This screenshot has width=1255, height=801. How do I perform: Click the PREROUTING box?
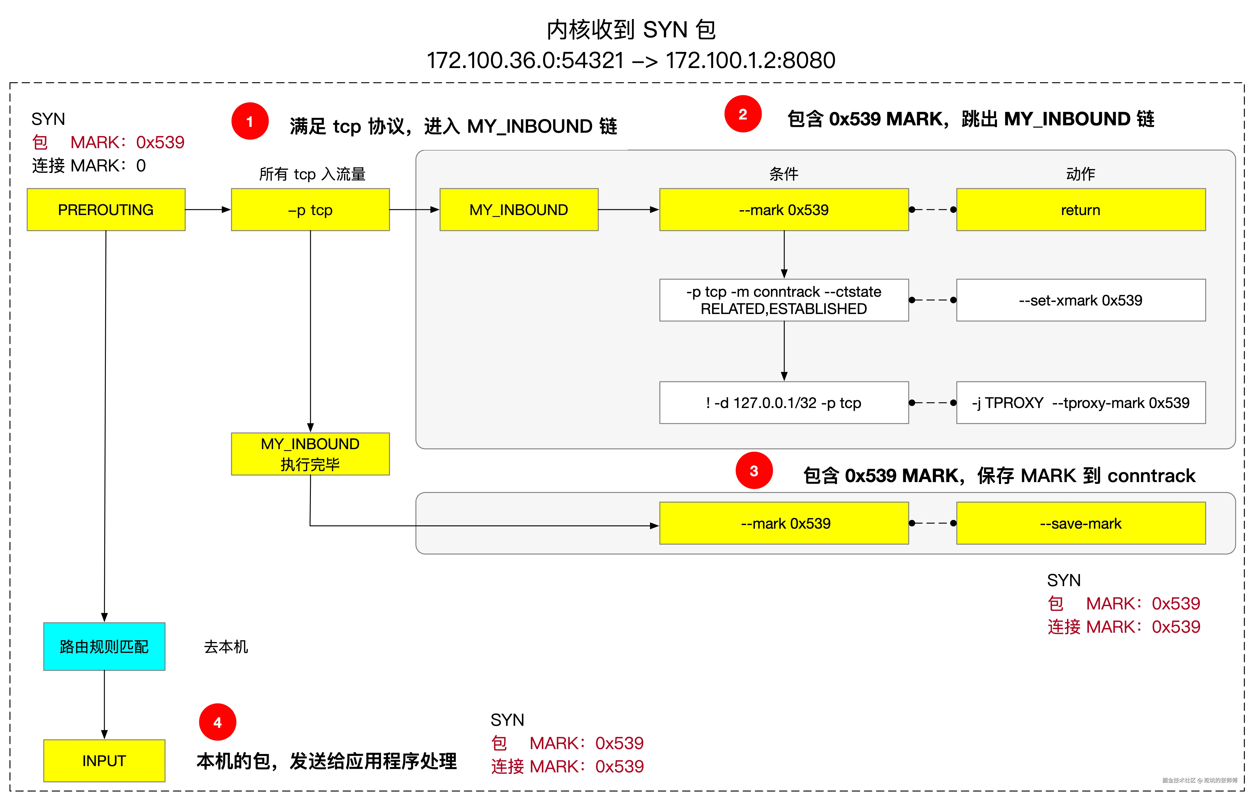click(x=106, y=209)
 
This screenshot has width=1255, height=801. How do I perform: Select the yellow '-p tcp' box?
click(x=310, y=209)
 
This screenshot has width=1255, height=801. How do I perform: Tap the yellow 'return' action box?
click(x=1080, y=209)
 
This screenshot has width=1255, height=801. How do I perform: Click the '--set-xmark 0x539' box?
click(x=1080, y=300)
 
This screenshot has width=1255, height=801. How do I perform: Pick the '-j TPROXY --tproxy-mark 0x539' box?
click(x=1080, y=403)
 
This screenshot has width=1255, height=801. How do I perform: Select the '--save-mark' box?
click(x=1080, y=523)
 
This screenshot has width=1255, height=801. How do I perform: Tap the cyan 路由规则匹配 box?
click(x=104, y=646)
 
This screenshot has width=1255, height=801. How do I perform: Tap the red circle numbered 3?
click(x=754, y=471)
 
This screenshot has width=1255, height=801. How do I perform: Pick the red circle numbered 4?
click(x=217, y=722)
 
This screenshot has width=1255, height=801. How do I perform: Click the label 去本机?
click(x=226, y=647)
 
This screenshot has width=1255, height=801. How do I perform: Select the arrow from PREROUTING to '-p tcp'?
click(x=207, y=209)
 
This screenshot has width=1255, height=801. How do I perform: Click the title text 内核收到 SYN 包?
click(x=631, y=30)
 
